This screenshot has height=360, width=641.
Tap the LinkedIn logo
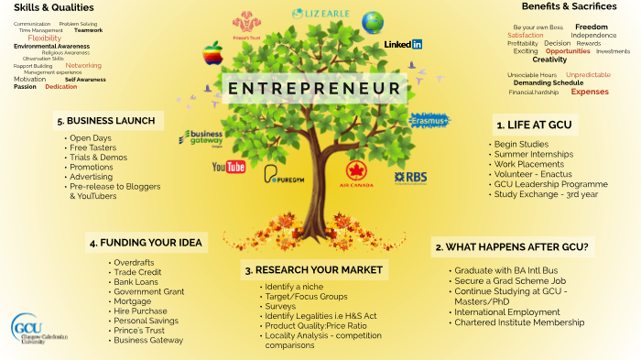(403, 44)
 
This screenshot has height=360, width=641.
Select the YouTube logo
(229, 167)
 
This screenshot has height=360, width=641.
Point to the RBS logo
(410, 176)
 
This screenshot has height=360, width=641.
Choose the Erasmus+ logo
(429, 120)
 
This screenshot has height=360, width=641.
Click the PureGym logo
(284, 173)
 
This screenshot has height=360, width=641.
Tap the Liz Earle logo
(320, 14)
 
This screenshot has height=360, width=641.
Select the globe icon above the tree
(373, 22)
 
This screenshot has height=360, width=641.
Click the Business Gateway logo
(201, 139)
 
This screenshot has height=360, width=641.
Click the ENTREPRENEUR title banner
(315, 88)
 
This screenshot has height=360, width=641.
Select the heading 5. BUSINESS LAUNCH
(106, 121)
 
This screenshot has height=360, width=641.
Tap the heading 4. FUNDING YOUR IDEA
(146, 243)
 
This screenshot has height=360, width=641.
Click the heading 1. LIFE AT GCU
(533, 125)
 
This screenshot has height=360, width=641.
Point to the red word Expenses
(590, 92)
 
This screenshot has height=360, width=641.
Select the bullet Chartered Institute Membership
(518, 322)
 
